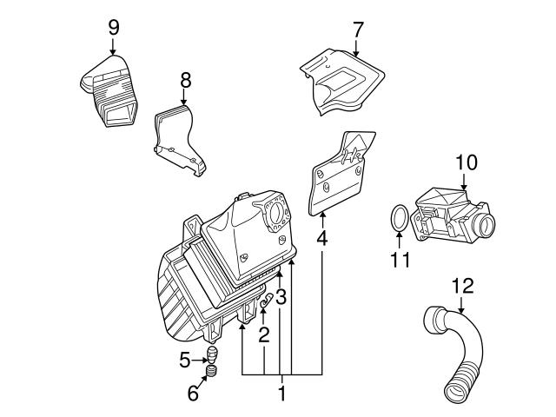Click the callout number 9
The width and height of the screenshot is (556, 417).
pyautogui.click(x=114, y=28)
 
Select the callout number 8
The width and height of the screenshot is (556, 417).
pyautogui.click(x=185, y=80)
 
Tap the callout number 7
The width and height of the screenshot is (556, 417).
pyautogui.click(x=358, y=30)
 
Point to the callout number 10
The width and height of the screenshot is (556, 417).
pyautogui.click(x=467, y=162)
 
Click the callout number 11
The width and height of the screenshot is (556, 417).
pyautogui.click(x=400, y=260)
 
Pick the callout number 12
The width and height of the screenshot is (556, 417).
pyautogui.click(x=463, y=286)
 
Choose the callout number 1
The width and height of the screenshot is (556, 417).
pyautogui.click(x=281, y=394)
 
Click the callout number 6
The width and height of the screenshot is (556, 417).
pyautogui.click(x=193, y=394)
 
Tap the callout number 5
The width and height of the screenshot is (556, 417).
pyautogui.click(x=185, y=361)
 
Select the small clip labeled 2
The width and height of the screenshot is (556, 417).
pyautogui.click(x=266, y=301)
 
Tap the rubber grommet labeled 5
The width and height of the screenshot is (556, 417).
pyautogui.click(x=211, y=354)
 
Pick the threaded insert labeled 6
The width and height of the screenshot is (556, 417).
pyautogui.click(x=211, y=372)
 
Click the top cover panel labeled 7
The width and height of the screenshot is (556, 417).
pyautogui.click(x=342, y=82)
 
